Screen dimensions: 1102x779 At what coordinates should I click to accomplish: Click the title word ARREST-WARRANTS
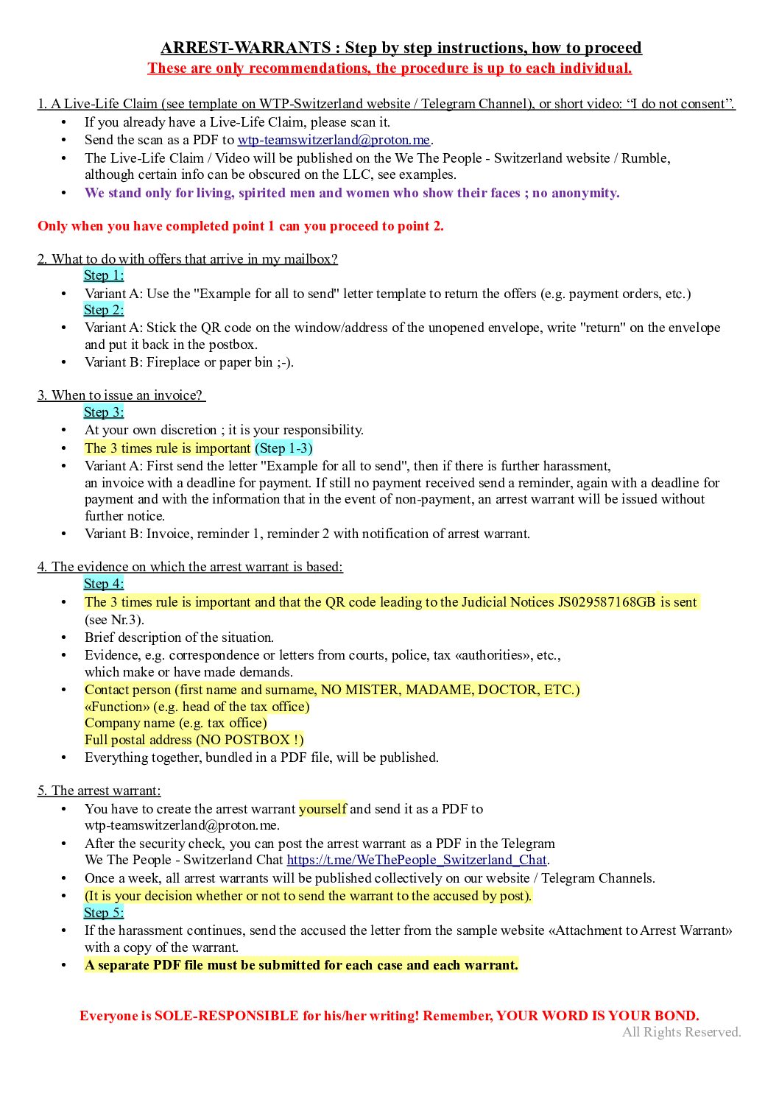(245, 48)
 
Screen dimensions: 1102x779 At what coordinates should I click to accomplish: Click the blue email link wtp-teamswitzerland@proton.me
(333, 140)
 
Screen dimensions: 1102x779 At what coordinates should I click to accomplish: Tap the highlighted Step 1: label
(104, 275)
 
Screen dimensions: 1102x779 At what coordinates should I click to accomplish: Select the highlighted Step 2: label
(104, 310)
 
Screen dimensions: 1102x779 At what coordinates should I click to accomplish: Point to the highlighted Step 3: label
(104, 412)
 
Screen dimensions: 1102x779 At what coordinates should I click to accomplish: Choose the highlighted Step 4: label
(104, 584)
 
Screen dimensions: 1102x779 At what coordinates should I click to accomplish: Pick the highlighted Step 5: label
(104, 913)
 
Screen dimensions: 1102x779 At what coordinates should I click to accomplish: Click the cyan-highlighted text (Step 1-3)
(283, 448)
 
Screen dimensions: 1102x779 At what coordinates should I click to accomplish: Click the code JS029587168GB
(606, 602)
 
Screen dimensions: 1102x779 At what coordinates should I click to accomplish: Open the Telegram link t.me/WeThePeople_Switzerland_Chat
(417, 860)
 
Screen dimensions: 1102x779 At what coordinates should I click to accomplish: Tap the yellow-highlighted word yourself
(322, 809)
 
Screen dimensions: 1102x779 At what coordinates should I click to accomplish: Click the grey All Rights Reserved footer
(681, 1032)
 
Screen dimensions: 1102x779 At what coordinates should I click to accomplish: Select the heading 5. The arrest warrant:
(99, 791)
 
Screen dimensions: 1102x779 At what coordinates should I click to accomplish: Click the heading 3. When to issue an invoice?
(120, 395)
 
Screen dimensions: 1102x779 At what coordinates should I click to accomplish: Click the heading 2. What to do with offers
(187, 259)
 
